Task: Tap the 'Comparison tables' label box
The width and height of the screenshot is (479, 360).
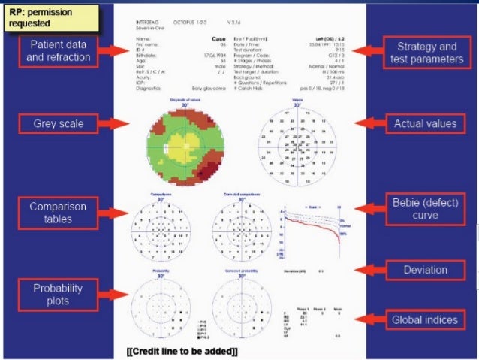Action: point(58,212)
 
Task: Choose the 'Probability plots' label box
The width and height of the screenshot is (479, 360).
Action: point(58,294)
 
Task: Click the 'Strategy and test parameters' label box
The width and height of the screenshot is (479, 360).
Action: point(426,53)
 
